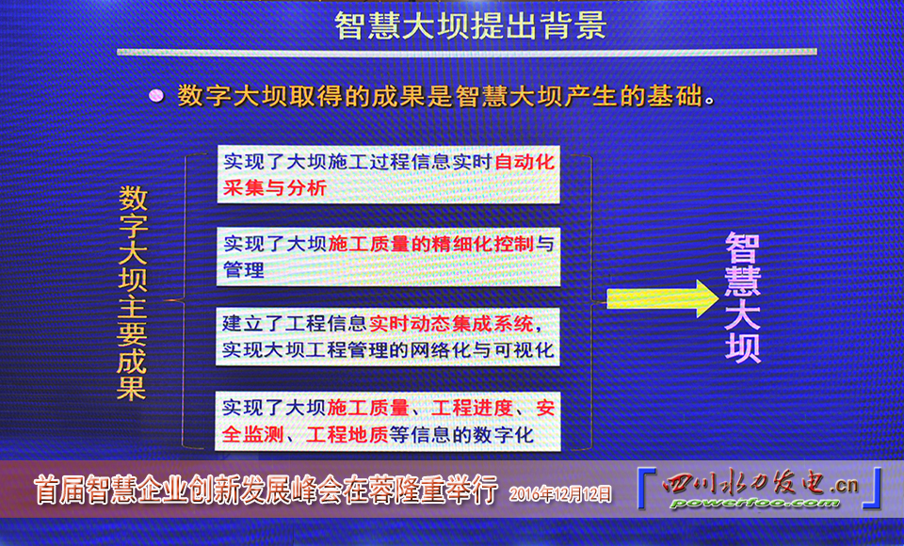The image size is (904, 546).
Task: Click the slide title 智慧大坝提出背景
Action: (x=470, y=24)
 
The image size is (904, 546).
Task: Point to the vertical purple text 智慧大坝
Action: (x=743, y=299)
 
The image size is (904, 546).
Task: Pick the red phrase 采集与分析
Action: (x=275, y=187)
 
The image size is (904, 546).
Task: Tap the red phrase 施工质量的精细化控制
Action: (x=431, y=244)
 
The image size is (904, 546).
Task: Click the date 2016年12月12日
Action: (x=560, y=492)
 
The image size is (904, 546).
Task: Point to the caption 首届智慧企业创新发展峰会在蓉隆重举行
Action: (x=265, y=490)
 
